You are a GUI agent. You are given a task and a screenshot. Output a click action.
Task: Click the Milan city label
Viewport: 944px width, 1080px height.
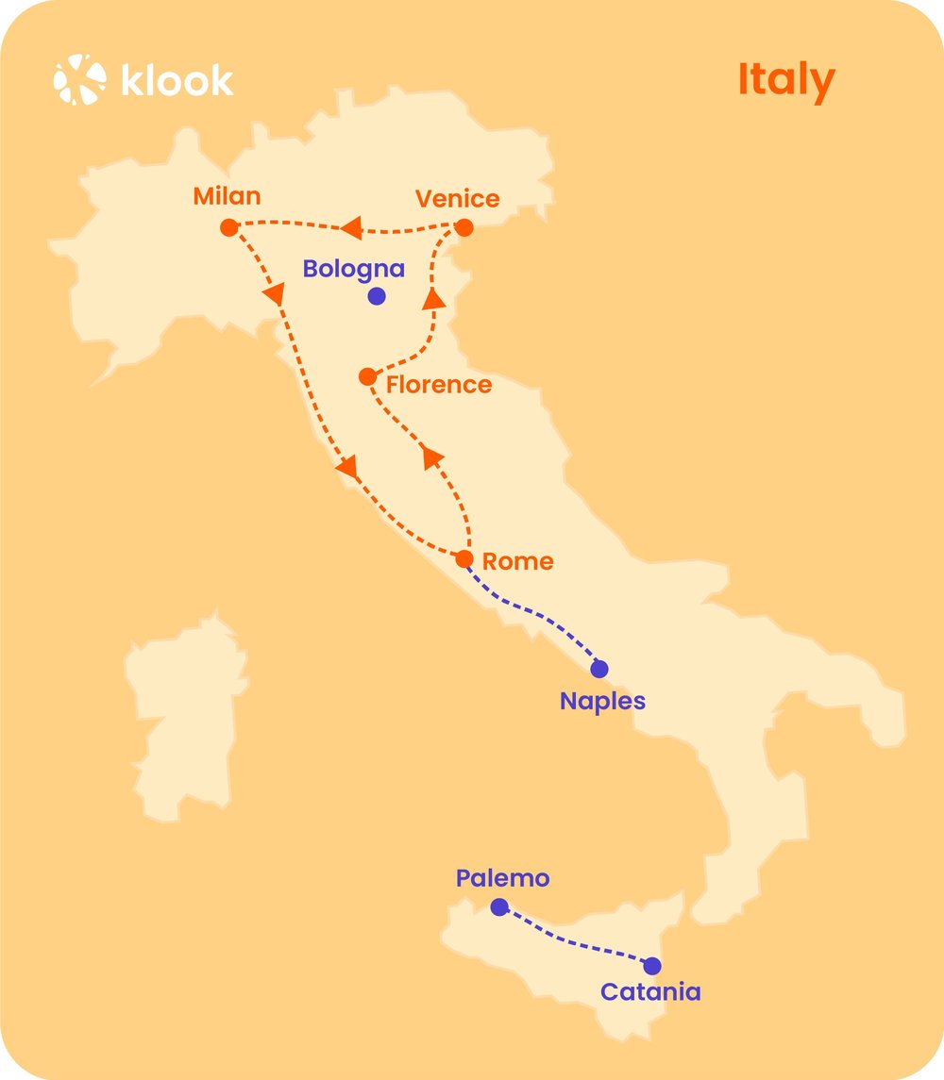(227, 197)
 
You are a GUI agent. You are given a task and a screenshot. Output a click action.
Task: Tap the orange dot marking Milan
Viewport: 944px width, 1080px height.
(228, 227)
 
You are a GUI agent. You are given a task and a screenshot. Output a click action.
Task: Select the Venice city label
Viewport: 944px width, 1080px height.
(458, 199)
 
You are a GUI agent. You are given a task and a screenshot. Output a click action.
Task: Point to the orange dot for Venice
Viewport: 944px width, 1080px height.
(464, 227)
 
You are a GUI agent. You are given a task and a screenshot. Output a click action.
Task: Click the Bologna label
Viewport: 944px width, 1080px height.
(353, 269)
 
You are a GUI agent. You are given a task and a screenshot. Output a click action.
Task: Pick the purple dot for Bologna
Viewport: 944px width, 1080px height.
(377, 296)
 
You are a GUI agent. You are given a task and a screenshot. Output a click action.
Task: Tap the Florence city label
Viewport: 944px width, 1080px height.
(439, 385)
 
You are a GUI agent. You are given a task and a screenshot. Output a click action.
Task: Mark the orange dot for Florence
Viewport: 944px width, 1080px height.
(368, 377)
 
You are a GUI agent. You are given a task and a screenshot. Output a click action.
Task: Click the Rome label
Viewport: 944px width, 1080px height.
(517, 562)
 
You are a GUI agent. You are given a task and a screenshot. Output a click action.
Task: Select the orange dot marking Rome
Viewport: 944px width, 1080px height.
(464, 559)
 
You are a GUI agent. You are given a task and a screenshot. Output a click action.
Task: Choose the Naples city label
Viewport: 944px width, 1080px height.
(602, 702)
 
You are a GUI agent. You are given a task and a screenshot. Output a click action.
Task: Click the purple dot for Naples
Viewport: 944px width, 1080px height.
(599, 669)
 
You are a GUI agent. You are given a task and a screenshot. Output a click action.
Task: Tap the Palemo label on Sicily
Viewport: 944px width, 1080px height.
(502, 879)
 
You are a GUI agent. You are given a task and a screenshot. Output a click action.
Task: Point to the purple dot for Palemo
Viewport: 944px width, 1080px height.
(499, 907)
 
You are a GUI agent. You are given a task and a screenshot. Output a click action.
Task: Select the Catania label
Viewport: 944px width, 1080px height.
(650, 992)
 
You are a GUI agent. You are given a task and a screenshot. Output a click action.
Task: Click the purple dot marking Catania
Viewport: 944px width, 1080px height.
(652, 966)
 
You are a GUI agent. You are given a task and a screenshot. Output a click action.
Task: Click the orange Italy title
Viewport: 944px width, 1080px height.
(785, 80)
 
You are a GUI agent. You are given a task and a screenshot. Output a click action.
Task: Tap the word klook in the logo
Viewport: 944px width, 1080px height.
(177, 80)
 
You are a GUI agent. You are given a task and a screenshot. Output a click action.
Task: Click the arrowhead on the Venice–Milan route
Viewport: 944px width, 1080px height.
(351, 228)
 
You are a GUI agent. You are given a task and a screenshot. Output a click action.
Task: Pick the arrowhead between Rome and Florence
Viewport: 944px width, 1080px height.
(432, 457)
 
